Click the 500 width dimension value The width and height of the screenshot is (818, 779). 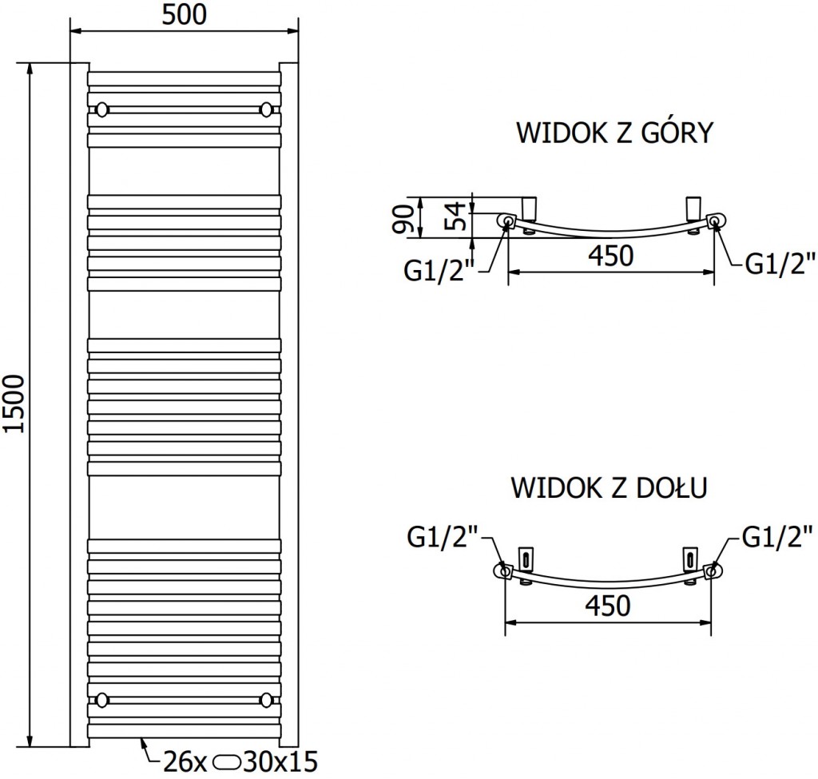[185, 14]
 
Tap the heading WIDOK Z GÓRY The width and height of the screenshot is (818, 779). [613, 133]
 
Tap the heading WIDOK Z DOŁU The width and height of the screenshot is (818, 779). [609, 487]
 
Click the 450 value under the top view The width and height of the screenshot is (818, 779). [611, 256]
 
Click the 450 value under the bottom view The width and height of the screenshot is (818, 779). [607, 606]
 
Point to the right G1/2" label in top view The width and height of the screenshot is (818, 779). [780, 264]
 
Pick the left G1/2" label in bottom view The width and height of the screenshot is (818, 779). [443, 536]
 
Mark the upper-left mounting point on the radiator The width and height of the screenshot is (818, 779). [101, 109]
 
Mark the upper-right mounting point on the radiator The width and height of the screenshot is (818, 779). [267, 109]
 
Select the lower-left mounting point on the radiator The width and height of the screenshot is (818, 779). [101, 700]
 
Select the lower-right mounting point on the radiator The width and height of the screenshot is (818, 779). [267, 700]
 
